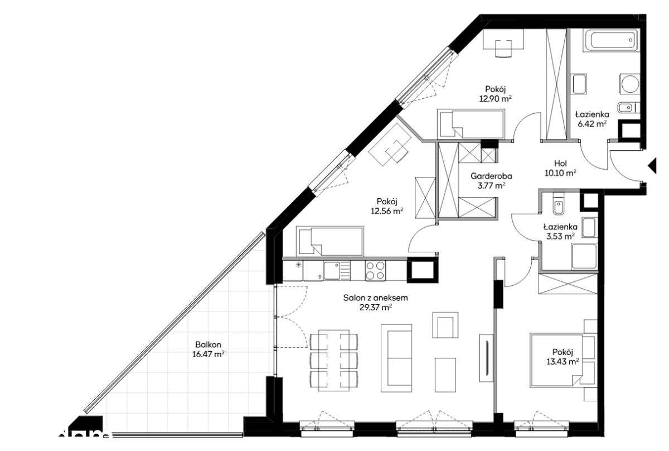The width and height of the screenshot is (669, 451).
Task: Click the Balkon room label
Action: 208,344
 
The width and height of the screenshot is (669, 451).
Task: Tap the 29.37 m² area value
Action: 376,308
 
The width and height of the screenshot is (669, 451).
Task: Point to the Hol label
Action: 560,164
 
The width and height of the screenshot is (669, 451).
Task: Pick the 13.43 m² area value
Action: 563,362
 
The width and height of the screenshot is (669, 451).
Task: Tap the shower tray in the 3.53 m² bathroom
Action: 584,256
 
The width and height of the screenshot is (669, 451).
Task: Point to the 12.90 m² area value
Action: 496,98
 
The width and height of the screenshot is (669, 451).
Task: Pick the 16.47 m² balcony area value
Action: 208,354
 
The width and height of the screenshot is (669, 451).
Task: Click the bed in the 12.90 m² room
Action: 471,124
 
